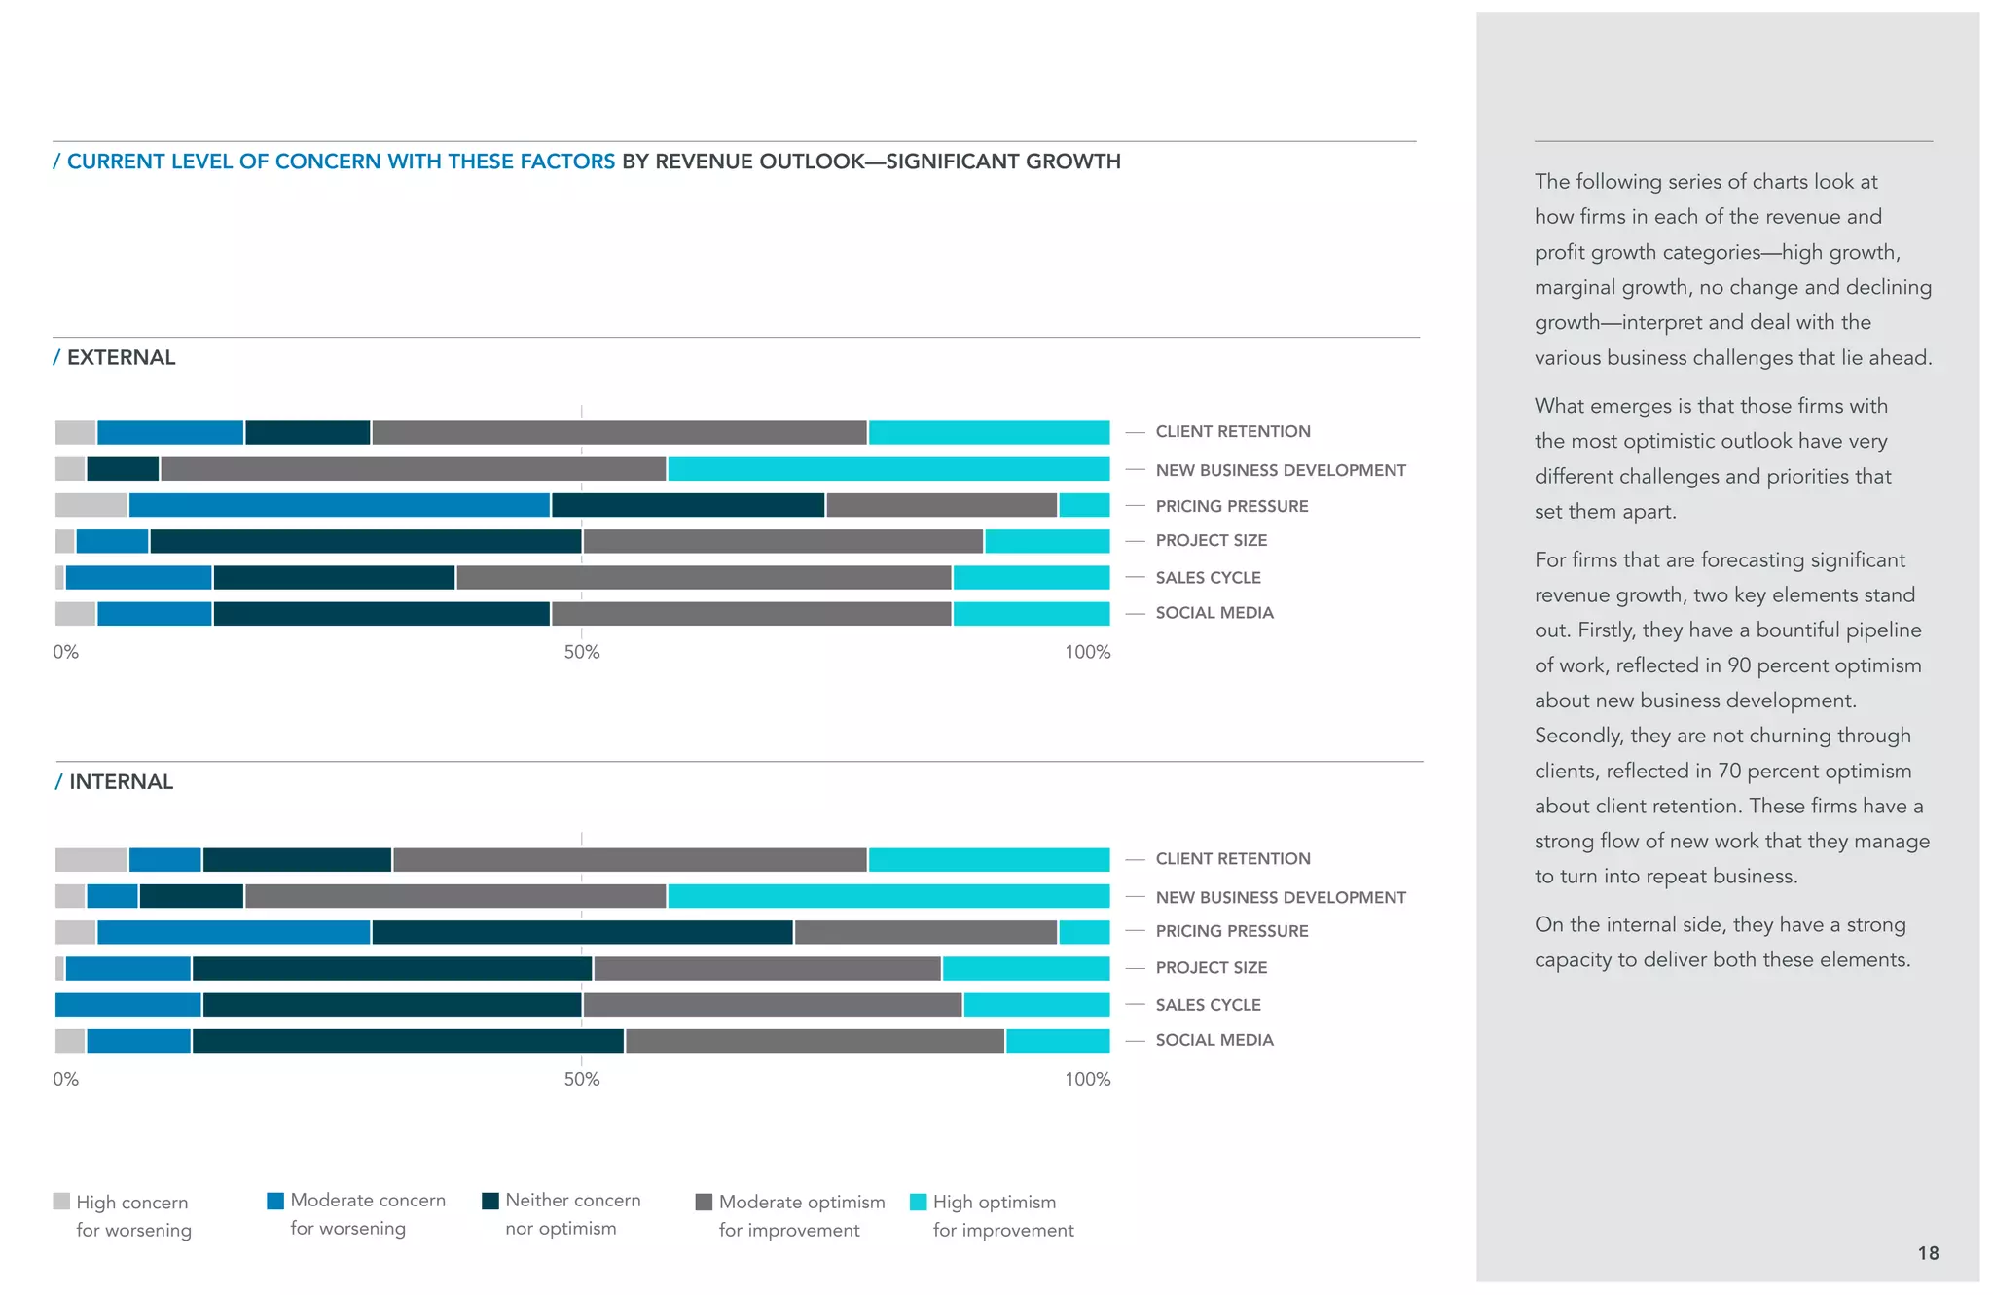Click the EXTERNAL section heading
(x=121, y=357)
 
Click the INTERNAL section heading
(x=121, y=782)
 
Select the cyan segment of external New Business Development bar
(x=888, y=469)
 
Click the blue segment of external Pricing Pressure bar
(x=339, y=505)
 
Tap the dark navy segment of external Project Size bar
(x=365, y=541)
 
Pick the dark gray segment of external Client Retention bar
(x=619, y=433)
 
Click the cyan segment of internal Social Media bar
(x=1057, y=1041)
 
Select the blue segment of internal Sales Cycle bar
(x=127, y=1005)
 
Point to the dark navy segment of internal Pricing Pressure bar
(x=582, y=932)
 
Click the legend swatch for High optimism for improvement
(x=918, y=1202)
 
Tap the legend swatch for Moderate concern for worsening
(x=275, y=1201)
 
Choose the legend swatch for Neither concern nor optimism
(x=490, y=1201)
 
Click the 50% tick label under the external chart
(x=582, y=652)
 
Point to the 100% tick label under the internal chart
(x=1087, y=1079)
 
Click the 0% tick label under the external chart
(x=65, y=652)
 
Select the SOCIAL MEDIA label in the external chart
(x=1214, y=613)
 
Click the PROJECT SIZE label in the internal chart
(x=1211, y=968)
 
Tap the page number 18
(x=1928, y=1253)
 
